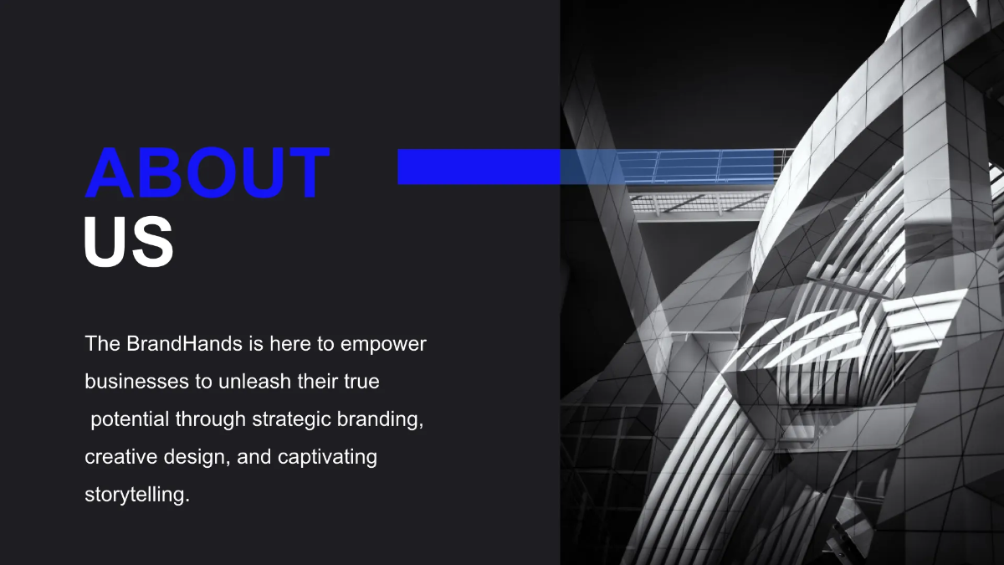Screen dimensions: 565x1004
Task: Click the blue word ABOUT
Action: [x=207, y=173]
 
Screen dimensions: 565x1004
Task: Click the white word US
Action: [x=129, y=242]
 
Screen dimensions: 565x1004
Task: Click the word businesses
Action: [x=137, y=382]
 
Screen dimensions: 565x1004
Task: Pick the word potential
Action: [x=130, y=419]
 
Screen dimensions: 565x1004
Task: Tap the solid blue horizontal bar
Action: [x=478, y=167]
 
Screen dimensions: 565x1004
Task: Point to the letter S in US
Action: [x=152, y=242]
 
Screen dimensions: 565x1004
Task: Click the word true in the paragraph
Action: [x=361, y=382]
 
